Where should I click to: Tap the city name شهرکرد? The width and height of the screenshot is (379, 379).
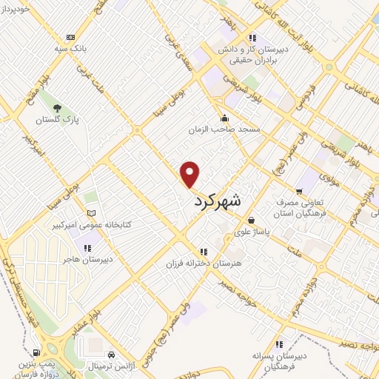218,199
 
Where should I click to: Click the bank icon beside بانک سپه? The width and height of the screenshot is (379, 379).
70,37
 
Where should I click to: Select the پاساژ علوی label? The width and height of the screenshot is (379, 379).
252,231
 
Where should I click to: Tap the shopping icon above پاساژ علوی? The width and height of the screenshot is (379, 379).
252,220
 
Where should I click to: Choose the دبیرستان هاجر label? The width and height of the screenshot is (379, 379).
87,260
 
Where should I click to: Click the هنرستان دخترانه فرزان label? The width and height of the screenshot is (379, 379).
204,264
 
